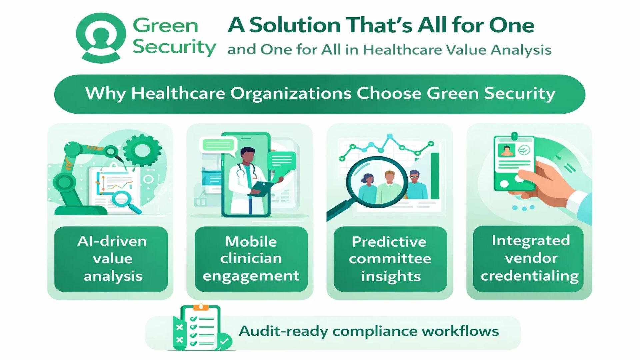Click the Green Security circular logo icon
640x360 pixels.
tap(101, 38)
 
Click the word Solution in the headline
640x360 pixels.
tap(295, 25)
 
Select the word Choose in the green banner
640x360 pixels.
tap(389, 93)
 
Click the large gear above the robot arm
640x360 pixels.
tap(142, 150)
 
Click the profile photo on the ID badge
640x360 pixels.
tap(506, 150)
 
